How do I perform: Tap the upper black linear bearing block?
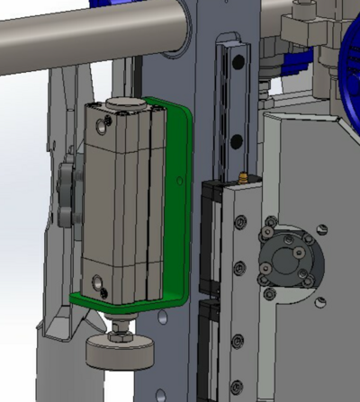(x=212, y=234)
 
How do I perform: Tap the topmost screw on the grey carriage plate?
(x=239, y=221)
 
